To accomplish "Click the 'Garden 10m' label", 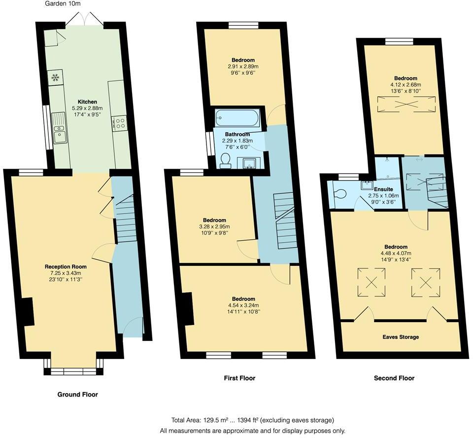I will click(x=63, y=3).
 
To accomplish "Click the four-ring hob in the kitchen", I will click(x=120, y=123).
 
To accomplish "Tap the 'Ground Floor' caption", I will click(x=77, y=395).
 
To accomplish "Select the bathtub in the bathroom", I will click(x=237, y=118).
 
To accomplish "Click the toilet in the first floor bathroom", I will click(x=226, y=160).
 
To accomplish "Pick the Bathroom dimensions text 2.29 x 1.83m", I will click(x=237, y=141).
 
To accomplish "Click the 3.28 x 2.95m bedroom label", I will click(x=214, y=226).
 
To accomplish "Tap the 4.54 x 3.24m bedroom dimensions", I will click(x=243, y=305).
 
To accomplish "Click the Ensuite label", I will click(x=383, y=189).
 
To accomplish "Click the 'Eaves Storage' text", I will click(x=401, y=337).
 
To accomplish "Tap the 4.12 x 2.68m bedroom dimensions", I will click(x=405, y=84).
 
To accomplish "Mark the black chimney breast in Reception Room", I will click(x=28, y=311).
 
